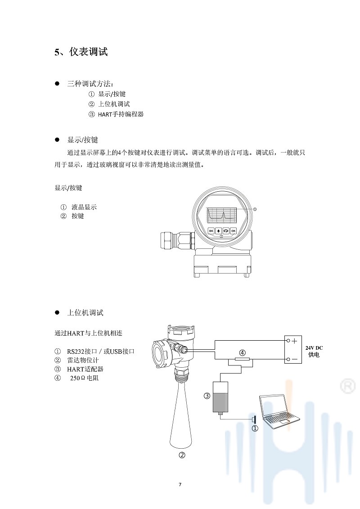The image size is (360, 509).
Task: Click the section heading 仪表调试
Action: click(x=88, y=52)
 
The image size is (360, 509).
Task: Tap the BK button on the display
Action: click(x=211, y=231)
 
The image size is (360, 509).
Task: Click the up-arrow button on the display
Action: click(x=218, y=231)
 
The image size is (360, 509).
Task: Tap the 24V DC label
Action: click(x=314, y=348)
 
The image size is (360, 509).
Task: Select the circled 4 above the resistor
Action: click(x=242, y=352)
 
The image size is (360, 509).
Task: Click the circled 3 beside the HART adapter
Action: click(x=207, y=396)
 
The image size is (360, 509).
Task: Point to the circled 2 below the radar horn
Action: click(x=182, y=455)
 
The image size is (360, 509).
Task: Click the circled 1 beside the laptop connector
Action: click(x=255, y=428)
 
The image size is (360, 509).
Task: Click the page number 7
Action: click(x=180, y=484)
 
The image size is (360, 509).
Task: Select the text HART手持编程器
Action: click(x=121, y=114)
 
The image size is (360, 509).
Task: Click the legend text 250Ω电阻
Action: click(x=85, y=378)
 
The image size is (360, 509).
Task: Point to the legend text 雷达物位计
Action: click(x=83, y=360)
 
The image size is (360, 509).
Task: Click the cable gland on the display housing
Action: click(x=177, y=240)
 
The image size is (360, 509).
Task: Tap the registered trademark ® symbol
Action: click(x=347, y=386)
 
